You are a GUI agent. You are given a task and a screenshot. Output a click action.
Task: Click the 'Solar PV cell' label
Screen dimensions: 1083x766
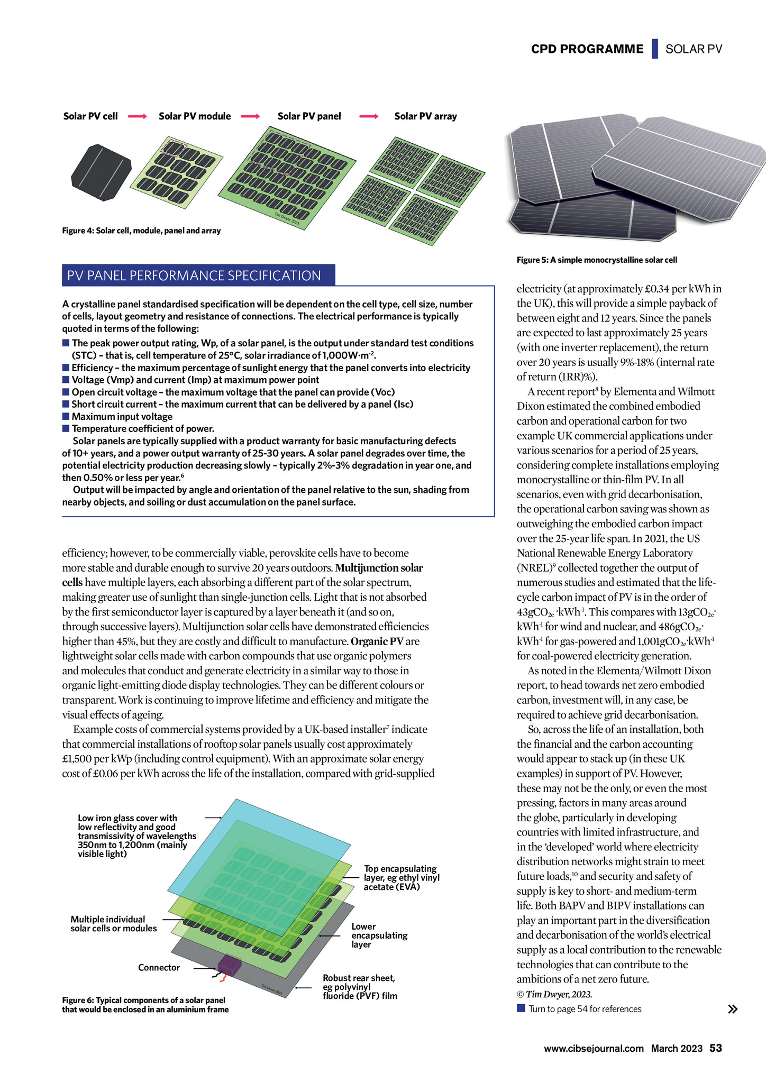(x=90, y=116)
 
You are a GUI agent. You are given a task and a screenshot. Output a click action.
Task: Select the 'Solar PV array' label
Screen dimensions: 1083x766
(x=425, y=116)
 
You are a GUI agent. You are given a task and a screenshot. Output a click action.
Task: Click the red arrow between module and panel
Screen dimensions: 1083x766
(x=250, y=116)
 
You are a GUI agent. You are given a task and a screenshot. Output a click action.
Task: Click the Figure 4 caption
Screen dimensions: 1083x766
(x=141, y=231)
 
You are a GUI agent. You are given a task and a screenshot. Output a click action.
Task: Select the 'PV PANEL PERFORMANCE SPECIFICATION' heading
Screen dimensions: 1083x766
(x=194, y=276)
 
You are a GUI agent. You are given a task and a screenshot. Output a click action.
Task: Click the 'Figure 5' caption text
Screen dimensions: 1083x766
(x=597, y=260)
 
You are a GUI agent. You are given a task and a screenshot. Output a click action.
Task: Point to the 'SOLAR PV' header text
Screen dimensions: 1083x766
(x=694, y=49)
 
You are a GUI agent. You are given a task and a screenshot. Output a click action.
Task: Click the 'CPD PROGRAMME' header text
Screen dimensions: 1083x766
(x=587, y=49)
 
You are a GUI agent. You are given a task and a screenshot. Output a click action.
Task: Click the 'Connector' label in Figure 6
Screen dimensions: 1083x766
(x=159, y=967)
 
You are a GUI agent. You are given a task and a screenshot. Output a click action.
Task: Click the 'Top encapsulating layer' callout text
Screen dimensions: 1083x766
(x=402, y=877)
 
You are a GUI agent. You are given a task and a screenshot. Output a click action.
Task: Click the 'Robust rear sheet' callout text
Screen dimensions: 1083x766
(x=360, y=987)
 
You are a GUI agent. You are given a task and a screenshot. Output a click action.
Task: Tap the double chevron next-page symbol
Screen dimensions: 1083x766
(x=733, y=1009)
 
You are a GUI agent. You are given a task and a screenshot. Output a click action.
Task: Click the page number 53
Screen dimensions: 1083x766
(x=716, y=1048)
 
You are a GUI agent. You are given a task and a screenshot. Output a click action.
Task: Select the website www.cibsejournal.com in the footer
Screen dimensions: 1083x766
(x=594, y=1049)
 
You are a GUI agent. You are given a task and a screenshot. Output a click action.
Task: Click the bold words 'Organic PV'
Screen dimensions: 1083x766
(x=378, y=641)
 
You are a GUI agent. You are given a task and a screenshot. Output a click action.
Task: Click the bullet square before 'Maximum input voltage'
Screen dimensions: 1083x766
(x=66, y=416)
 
